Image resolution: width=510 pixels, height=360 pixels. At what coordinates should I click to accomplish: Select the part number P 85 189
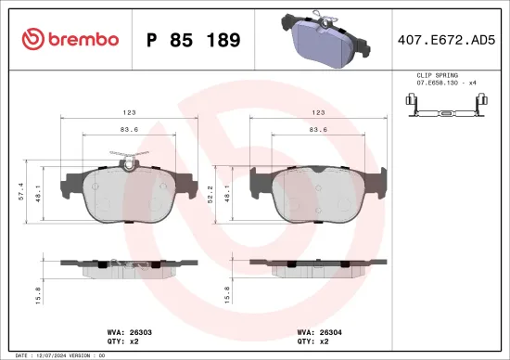click(x=194, y=41)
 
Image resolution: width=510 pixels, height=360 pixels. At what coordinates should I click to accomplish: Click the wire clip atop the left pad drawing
click(x=124, y=156)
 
